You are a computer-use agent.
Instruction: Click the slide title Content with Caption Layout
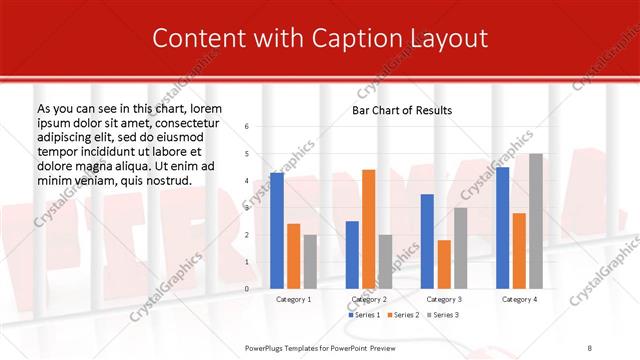tap(319, 38)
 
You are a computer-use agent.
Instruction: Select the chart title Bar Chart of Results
tap(402, 110)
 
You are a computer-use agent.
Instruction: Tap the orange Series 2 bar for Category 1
tap(293, 256)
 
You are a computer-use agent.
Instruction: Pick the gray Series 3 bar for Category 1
tap(309, 261)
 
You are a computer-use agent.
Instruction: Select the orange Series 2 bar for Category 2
tap(368, 229)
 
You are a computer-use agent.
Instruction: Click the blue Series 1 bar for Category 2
tap(352, 254)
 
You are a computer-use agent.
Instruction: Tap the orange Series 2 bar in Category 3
tap(444, 264)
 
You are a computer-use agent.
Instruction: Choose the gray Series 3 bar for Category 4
tap(536, 221)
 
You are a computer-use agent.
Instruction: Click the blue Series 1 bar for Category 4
tap(503, 228)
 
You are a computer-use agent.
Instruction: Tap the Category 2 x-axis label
tap(368, 299)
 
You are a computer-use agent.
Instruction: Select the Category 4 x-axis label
tap(519, 299)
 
